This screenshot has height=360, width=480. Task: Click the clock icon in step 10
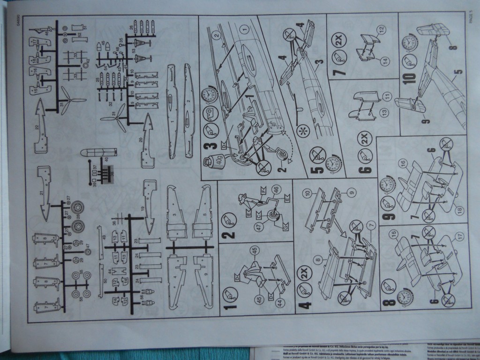pyautogui.click(x=410, y=43)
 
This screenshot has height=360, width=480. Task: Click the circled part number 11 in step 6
pyautogui.click(x=387, y=96)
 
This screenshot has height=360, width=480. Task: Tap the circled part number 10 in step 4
pyautogui.click(x=320, y=192)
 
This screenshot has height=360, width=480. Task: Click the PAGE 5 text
pyautogui.click(x=471, y=18)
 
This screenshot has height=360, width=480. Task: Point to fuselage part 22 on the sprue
pyautogui.click(x=41, y=127)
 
